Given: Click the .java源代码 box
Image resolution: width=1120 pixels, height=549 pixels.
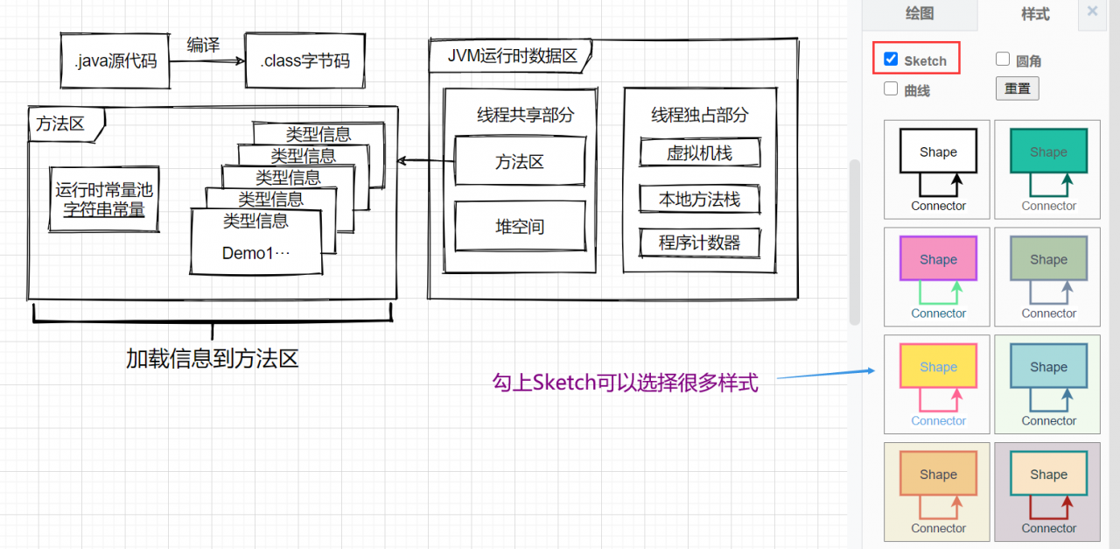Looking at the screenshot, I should [115, 61].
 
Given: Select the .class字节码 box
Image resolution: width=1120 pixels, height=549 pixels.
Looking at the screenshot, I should [304, 61].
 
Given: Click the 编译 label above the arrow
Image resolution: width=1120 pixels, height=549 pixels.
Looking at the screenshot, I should [203, 45].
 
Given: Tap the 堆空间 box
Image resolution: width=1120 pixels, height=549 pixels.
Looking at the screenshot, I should [520, 227].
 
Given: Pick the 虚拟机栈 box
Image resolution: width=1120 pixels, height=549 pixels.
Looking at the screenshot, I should [699, 153].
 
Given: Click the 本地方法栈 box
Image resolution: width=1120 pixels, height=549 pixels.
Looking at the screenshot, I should [699, 200].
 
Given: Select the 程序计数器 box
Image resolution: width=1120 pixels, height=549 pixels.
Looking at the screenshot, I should [699, 243].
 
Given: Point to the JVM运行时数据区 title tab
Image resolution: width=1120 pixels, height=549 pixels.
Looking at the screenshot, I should [512, 56].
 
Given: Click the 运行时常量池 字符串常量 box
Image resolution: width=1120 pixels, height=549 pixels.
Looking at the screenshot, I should [104, 200].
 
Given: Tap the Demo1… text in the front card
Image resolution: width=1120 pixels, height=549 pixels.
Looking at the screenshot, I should [255, 254].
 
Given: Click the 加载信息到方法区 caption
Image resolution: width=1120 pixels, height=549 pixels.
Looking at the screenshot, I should [213, 358].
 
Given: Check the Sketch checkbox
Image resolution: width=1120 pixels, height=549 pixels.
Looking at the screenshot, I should [891, 60].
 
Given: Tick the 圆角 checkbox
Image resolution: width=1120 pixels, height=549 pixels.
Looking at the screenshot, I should [1003, 60].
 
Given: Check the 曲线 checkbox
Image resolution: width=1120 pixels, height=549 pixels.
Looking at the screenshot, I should [891, 88].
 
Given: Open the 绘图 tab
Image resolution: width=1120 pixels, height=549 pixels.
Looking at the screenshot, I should [919, 13].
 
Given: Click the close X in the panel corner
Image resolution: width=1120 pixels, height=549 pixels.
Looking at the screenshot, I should [1092, 11].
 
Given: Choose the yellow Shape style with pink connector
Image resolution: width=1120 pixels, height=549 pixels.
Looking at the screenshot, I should [937, 384].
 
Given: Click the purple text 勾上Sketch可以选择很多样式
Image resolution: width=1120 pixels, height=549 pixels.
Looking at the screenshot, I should [624, 383].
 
